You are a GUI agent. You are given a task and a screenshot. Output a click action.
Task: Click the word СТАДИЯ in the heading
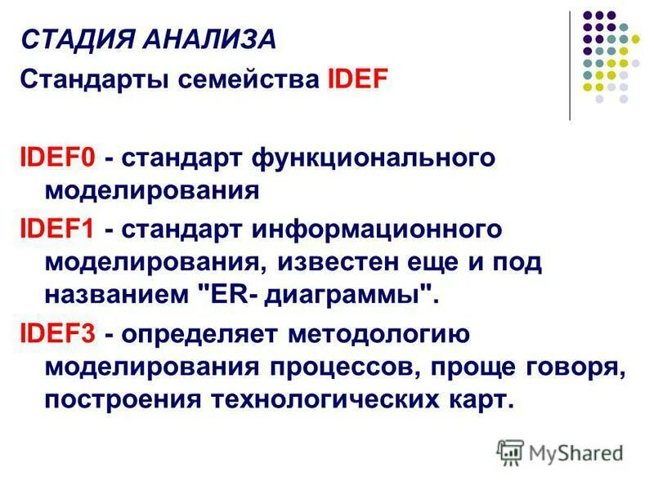pos(66,38)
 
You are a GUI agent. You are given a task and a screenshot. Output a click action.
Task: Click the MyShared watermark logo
pos(560,451)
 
